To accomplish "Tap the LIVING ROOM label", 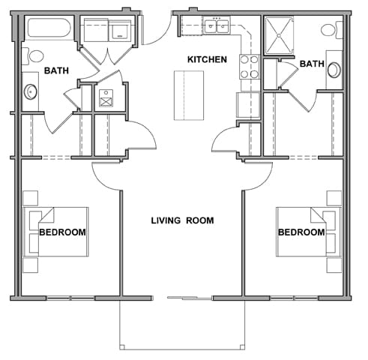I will point(182,220).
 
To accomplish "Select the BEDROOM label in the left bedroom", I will point(62,232).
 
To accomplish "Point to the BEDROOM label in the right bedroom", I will point(301,232).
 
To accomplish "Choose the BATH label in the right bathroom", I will point(311,64).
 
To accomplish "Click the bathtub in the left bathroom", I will point(48,31).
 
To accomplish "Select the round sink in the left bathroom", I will point(31,91).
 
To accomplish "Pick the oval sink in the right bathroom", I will point(334,70).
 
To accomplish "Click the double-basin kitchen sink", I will point(218,27).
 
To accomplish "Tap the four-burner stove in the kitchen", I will point(249,67).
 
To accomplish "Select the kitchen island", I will point(189,95).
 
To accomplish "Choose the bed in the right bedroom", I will point(307,231).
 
